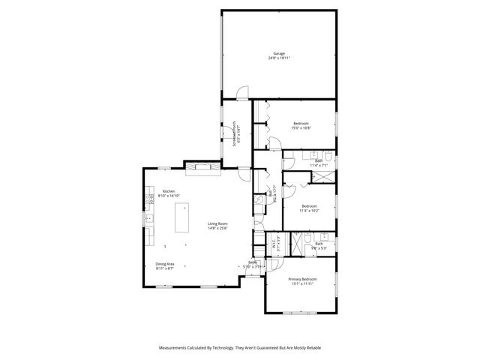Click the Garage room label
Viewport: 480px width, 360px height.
(x=279, y=53)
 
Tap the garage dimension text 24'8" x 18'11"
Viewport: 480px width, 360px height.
(x=279, y=58)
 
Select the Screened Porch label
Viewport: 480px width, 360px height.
(x=234, y=130)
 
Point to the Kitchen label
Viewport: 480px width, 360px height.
(x=169, y=192)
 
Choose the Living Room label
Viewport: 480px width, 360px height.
(x=218, y=223)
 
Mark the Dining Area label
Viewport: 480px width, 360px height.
(x=165, y=264)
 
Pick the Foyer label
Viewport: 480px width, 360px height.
(x=253, y=262)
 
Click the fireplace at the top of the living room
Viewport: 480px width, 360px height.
(x=203, y=166)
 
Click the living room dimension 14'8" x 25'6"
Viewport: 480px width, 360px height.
(x=218, y=228)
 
